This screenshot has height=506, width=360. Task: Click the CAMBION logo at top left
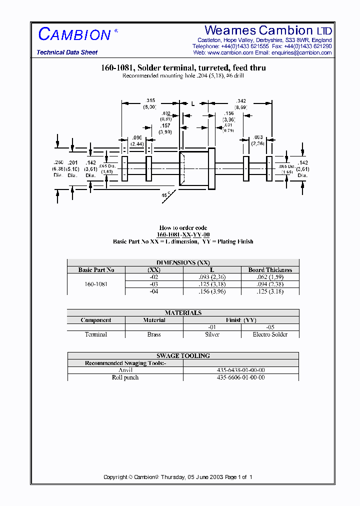point(75,34)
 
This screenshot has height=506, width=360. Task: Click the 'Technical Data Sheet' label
point(67,52)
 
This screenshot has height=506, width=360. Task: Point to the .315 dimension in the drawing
point(149,101)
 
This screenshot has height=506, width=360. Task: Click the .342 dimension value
point(240,101)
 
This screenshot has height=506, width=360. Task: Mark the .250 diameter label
point(59,162)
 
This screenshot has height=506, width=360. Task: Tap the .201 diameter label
point(73,162)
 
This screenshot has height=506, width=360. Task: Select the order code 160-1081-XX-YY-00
point(183,234)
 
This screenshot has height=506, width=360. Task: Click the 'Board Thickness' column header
point(270,270)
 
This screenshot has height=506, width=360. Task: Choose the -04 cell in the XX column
point(154,291)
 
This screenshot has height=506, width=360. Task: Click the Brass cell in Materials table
point(154,334)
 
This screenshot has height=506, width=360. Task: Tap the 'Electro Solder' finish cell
point(270,334)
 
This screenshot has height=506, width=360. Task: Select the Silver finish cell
point(212,334)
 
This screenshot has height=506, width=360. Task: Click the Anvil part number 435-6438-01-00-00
point(241,370)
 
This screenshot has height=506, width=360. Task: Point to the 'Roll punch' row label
point(125,377)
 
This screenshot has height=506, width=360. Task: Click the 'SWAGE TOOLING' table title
point(183,356)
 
